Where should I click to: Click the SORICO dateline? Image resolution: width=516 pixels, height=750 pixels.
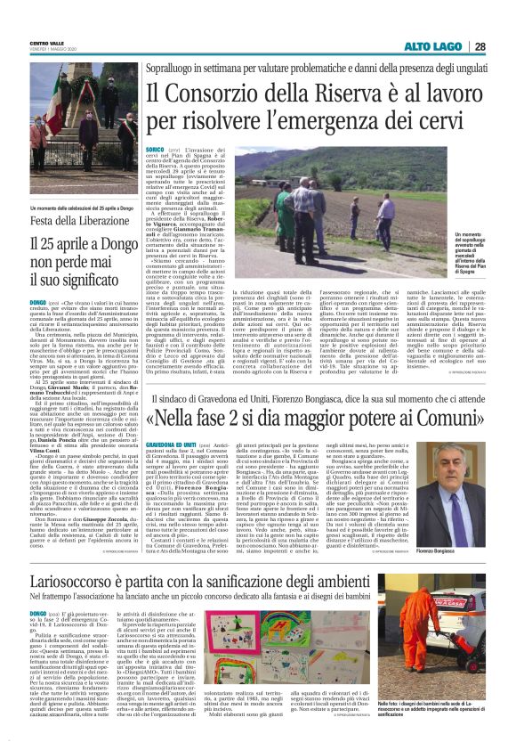tap(156, 150)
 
